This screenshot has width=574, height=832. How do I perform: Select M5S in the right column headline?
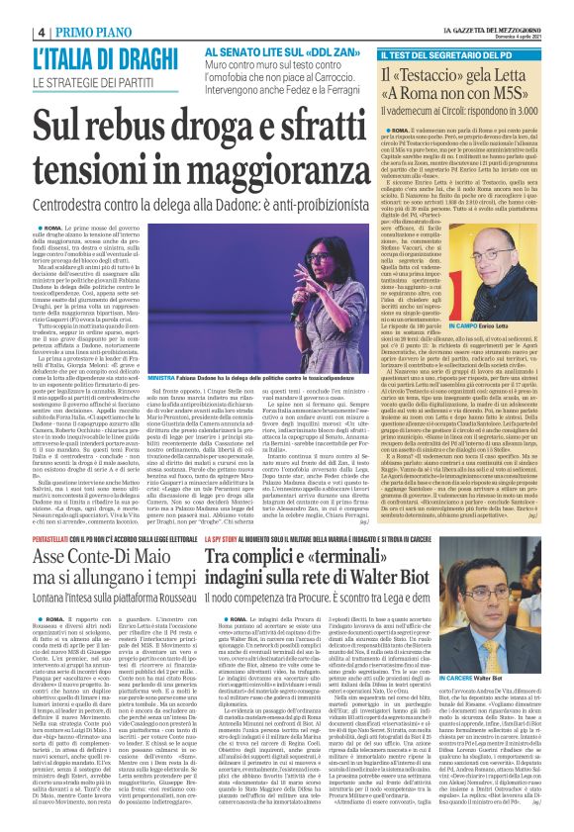[x=540, y=101]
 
